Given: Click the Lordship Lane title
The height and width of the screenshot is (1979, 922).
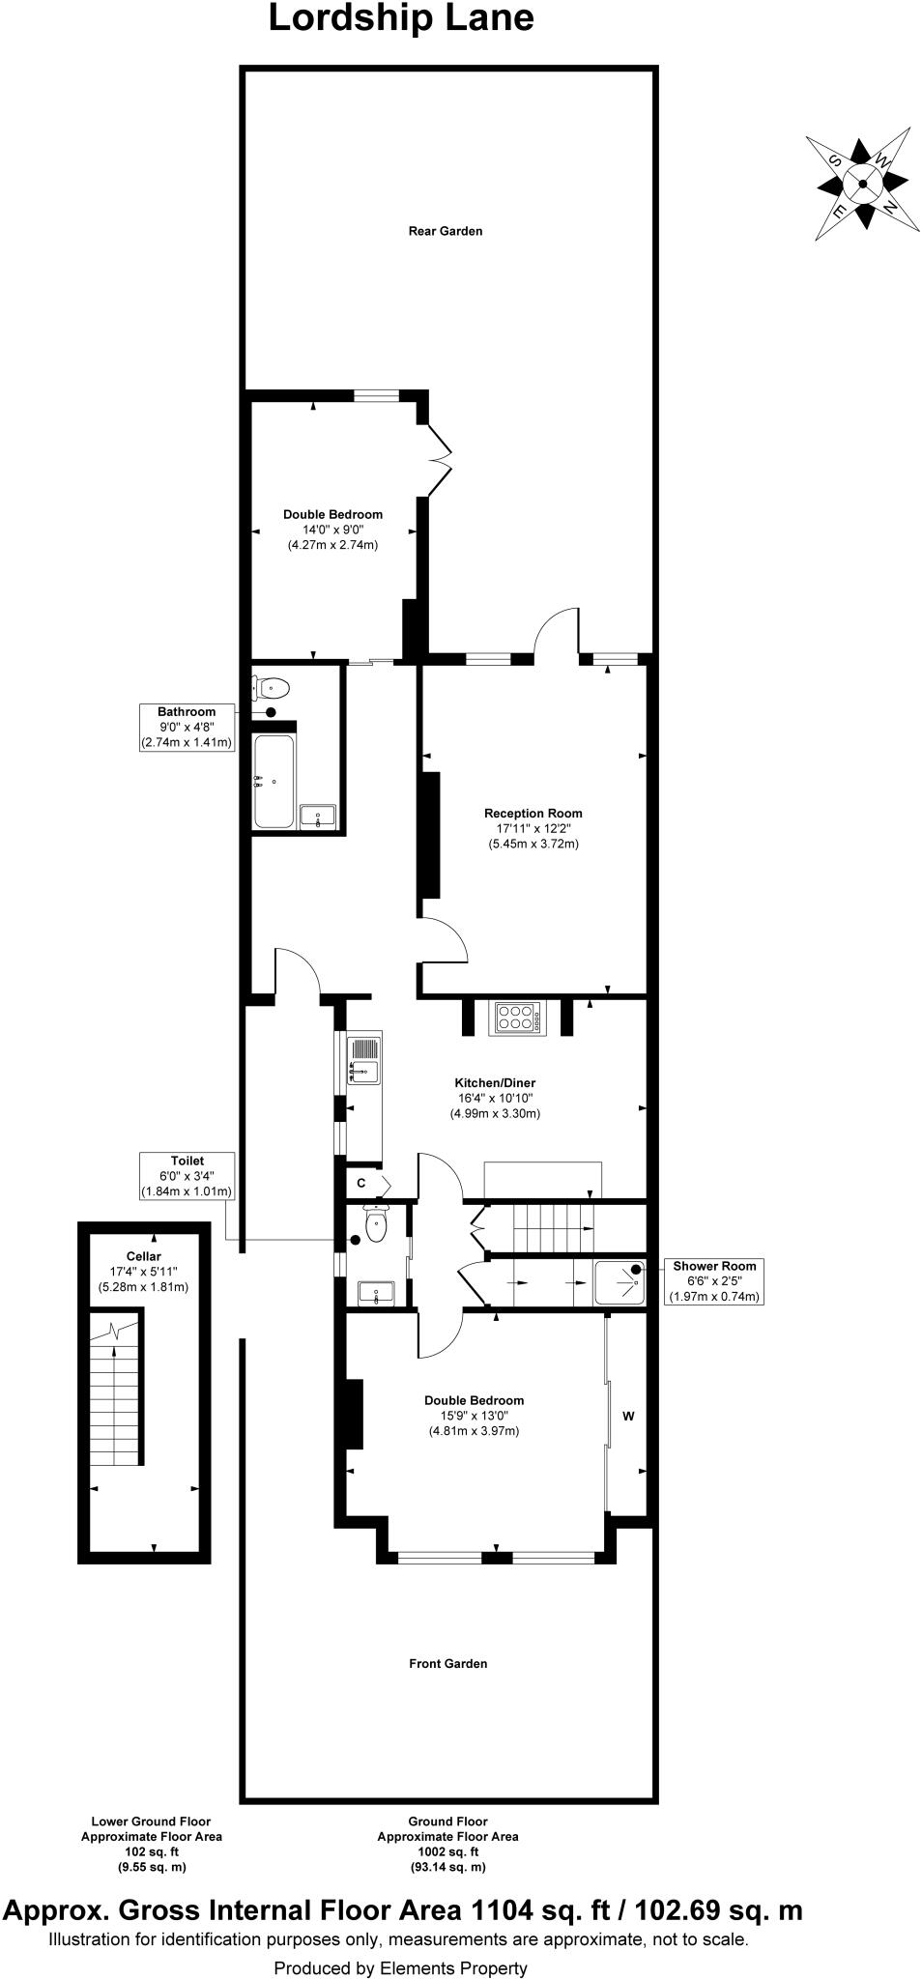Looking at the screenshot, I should tap(400, 18).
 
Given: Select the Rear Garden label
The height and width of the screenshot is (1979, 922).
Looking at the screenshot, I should tap(445, 232).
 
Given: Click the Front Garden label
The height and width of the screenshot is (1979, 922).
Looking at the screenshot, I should tap(447, 1663).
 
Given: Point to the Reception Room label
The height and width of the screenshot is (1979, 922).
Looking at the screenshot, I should tap(533, 814).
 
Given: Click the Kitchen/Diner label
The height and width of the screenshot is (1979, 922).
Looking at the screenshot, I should tap(495, 1083).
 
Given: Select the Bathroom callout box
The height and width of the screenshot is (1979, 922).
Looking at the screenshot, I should tap(187, 728).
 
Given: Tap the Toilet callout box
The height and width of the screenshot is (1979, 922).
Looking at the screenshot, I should tap(187, 1176).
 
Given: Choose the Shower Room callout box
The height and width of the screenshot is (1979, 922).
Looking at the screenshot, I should tap(714, 1281).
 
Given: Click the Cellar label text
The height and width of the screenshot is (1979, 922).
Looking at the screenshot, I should tap(143, 1256).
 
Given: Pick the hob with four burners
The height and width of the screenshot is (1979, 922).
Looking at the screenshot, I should tap(516, 1018).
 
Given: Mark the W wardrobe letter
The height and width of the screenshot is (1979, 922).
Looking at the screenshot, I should tap(628, 1417).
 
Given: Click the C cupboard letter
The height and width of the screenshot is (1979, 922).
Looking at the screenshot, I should tap(360, 1183).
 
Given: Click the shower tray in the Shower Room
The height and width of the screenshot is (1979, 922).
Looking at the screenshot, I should tap(619, 1283).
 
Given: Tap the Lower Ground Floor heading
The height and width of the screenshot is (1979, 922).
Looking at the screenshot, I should tap(151, 1821).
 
